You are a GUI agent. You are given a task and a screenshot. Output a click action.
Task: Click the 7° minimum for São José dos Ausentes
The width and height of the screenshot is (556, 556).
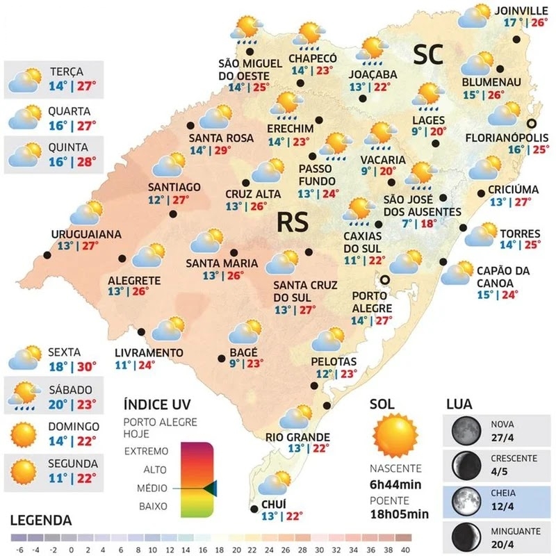408,224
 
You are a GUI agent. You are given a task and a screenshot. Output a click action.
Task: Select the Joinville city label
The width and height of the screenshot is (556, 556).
521,10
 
